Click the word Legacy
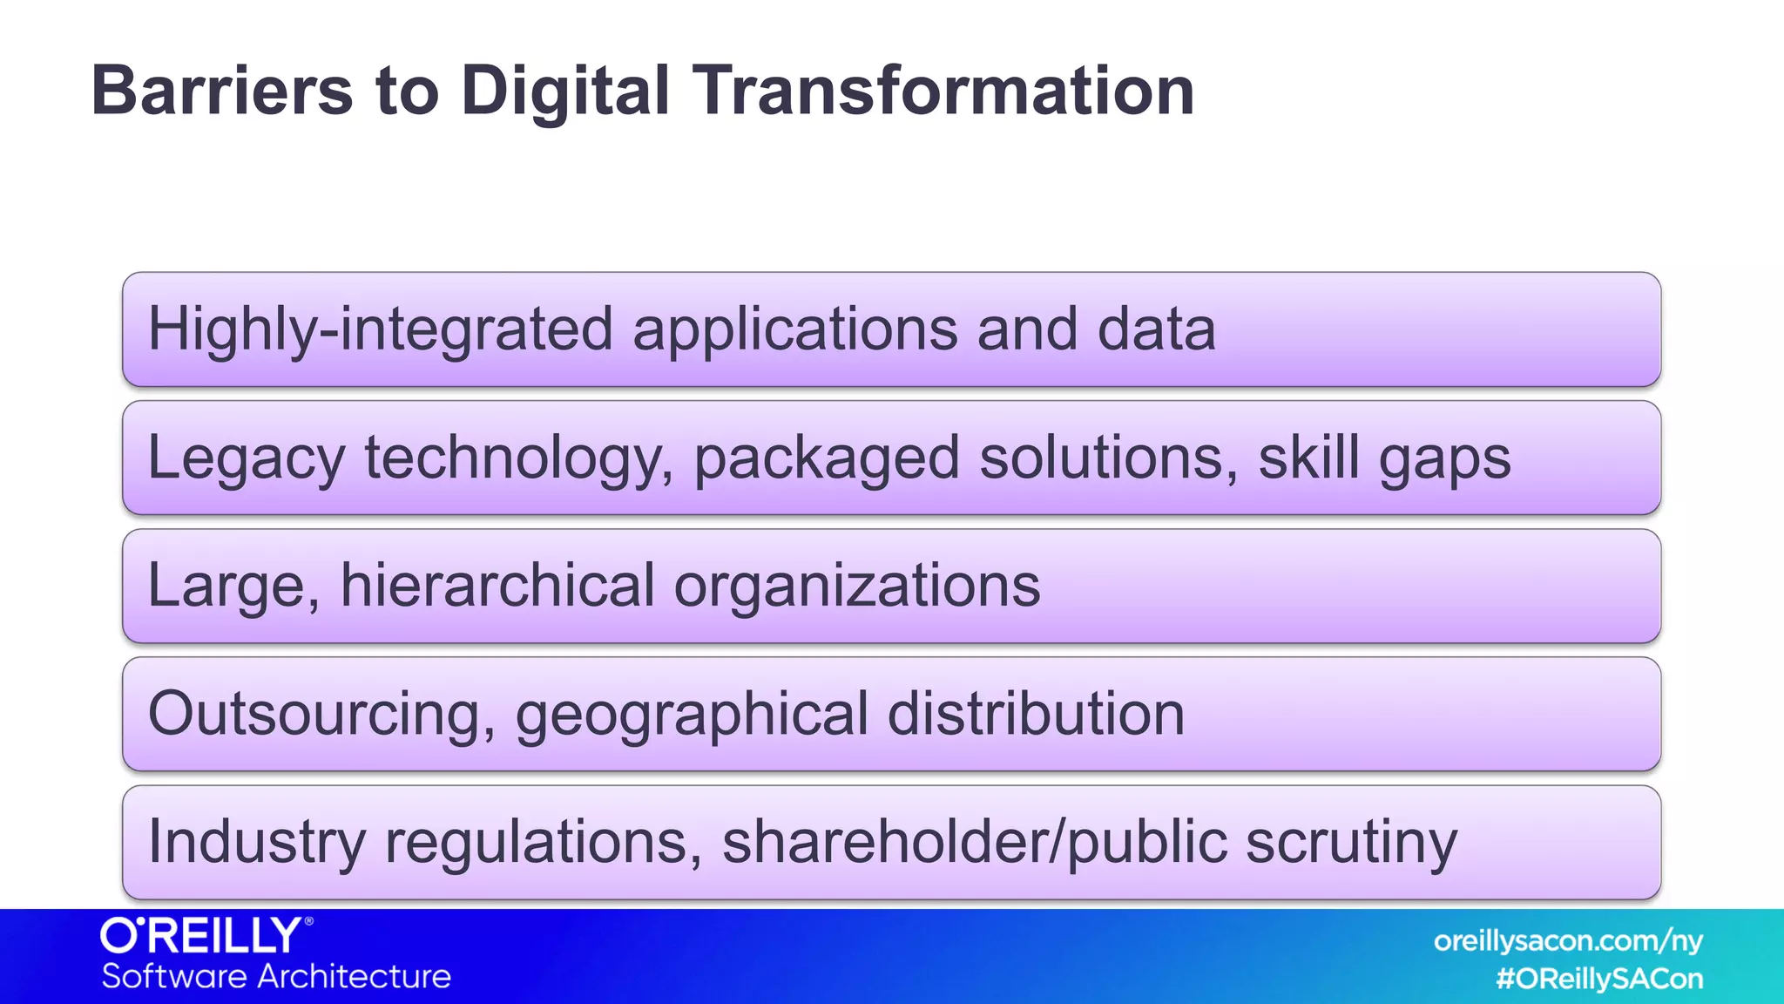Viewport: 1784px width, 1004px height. tap(247, 458)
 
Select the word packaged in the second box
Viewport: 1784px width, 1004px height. tap(827, 458)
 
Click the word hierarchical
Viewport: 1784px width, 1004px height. tap(497, 586)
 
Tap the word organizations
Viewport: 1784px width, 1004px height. tap(857, 586)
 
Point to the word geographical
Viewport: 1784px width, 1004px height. tap(692, 714)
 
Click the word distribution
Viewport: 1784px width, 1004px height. tap(1036, 714)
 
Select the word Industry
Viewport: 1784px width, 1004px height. tap(257, 842)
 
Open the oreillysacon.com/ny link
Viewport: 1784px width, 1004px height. tap(1568, 941)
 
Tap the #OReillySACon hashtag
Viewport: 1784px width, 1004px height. tap(1599, 979)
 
